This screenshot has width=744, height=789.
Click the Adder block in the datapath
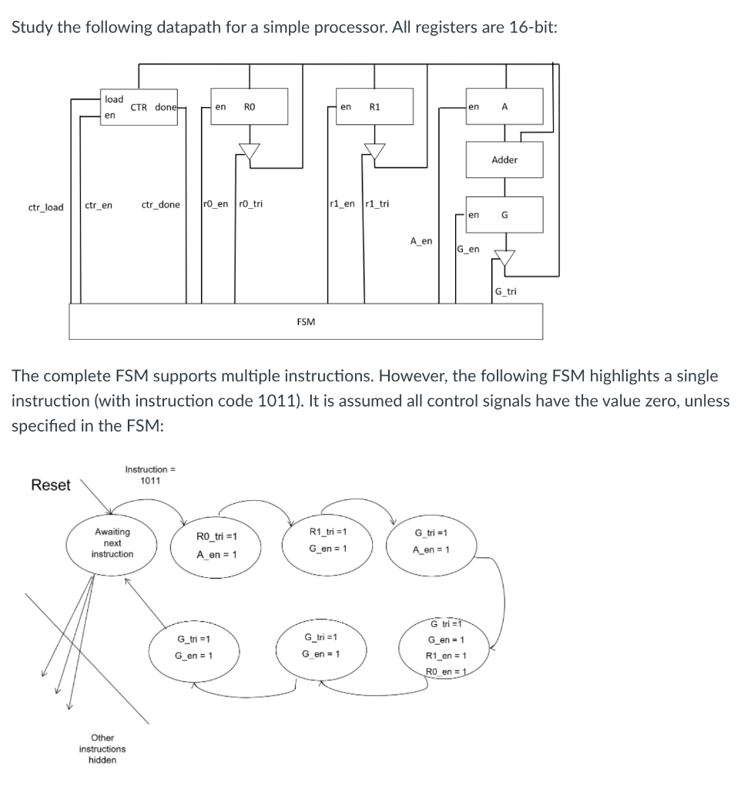click(x=505, y=160)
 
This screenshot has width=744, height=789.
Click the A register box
click(x=505, y=107)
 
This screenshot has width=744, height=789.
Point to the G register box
click(x=505, y=216)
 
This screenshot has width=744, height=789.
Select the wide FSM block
click(x=306, y=321)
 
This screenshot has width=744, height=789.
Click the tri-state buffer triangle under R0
click(x=249, y=152)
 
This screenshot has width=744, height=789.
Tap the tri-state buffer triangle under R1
click(x=375, y=152)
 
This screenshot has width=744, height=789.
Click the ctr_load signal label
click(x=46, y=206)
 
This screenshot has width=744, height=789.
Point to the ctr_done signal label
click(x=161, y=204)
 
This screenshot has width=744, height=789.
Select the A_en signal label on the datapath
click(x=421, y=241)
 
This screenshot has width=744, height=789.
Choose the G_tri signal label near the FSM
click(x=506, y=291)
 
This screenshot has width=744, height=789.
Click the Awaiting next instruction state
click(x=112, y=543)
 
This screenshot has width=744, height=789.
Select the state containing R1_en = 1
click(x=446, y=648)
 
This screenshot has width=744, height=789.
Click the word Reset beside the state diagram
click(x=51, y=485)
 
